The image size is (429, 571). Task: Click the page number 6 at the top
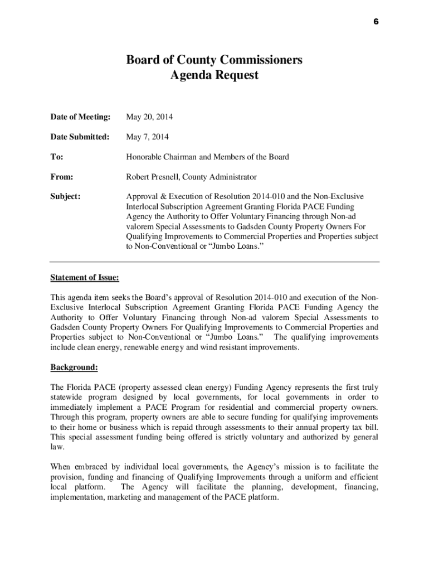click(376, 21)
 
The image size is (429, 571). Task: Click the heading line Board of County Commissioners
click(214, 60)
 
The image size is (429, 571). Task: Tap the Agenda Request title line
click(214, 75)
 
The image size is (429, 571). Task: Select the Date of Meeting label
click(80, 117)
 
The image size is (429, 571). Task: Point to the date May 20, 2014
click(149, 117)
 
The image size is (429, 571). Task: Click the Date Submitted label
click(80, 137)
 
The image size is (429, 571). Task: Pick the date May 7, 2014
click(147, 137)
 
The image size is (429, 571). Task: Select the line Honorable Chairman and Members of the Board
click(207, 157)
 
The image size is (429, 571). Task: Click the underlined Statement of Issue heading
click(85, 277)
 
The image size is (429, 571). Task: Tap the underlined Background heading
click(74, 367)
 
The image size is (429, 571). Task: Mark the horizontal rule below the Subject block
click(214, 262)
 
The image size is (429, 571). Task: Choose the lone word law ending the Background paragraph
click(57, 447)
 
